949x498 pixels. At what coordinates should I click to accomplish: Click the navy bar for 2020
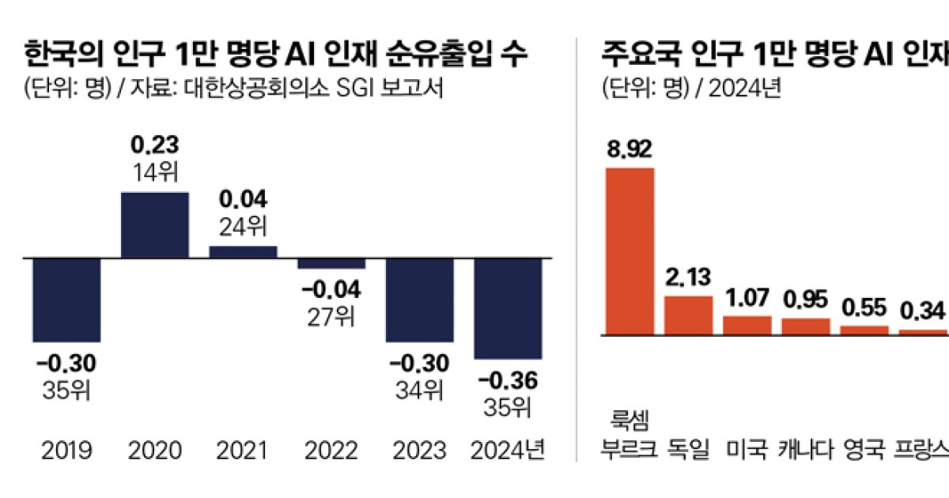click(154, 224)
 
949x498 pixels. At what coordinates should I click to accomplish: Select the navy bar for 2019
click(66, 300)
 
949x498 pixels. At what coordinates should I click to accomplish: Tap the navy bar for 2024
click(508, 308)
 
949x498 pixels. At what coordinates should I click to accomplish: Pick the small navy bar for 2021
click(243, 251)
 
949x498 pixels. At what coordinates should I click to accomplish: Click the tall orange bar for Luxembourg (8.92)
click(629, 251)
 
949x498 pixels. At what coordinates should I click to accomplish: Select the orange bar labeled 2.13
click(687, 315)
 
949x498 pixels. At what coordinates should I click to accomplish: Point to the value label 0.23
click(154, 145)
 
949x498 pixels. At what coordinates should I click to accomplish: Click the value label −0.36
click(508, 382)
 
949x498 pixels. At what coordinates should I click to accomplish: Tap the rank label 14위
click(154, 172)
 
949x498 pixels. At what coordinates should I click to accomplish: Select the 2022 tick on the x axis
click(331, 451)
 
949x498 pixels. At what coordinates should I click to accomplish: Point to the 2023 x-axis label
click(419, 451)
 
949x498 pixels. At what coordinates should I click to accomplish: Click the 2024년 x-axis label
click(508, 451)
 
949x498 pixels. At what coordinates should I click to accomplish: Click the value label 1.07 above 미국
click(747, 300)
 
